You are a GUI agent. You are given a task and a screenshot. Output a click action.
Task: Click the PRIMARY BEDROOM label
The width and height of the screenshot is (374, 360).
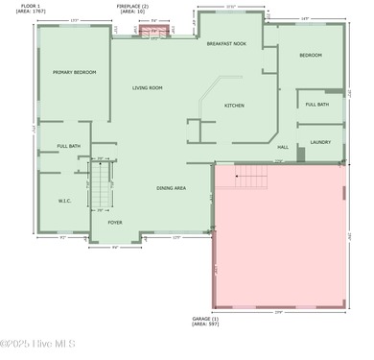pos(74,71)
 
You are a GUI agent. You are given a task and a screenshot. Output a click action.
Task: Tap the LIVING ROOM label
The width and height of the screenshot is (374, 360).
pos(147,87)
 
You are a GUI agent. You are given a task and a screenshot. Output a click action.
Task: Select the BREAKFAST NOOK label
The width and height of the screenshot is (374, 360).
pos(226,43)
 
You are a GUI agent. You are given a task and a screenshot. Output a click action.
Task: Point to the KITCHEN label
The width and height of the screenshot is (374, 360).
pos(234,105)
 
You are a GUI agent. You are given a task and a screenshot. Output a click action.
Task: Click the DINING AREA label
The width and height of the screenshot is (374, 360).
pos(171,187)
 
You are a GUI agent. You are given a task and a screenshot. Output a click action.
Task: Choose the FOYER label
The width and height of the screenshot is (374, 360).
pos(114,222)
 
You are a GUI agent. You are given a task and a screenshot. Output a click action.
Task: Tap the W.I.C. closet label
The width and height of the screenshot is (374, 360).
pos(64,201)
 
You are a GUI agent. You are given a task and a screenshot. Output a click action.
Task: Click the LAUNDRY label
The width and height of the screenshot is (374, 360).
pos(320,142)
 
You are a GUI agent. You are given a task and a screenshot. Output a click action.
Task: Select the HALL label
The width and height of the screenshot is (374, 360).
pos(283,147)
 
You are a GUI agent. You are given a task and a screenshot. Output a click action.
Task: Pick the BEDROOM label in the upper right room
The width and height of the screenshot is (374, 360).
pos(310,55)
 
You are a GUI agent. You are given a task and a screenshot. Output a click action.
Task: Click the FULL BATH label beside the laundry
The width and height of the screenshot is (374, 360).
pos(317,104)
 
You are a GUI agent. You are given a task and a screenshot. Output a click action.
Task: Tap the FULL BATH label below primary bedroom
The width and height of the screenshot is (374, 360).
pos(68,146)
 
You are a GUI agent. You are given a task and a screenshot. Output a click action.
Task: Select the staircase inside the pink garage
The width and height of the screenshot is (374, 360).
pos(251,176)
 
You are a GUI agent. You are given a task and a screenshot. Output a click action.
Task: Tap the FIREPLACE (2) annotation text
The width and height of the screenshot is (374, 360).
pos(132,10)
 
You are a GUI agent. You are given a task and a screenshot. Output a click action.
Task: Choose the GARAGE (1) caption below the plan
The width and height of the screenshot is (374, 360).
pos(205,321)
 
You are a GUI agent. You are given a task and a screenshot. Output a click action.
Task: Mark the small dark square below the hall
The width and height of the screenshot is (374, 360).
pos(300,155)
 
